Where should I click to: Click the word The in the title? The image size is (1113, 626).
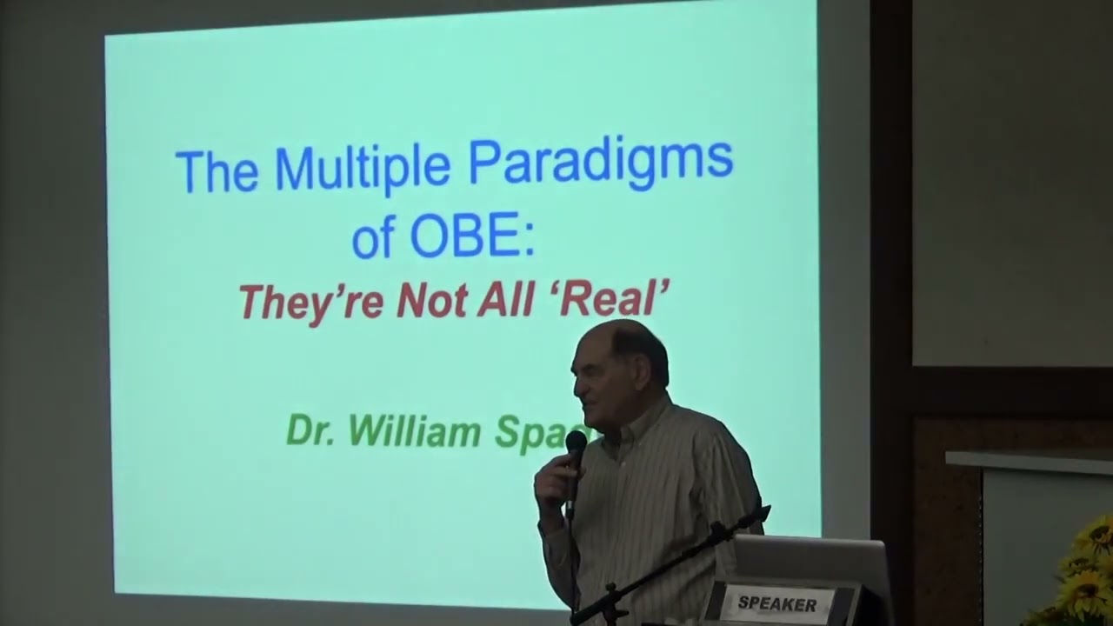(217, 170)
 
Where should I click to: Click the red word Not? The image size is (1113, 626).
(432, 300)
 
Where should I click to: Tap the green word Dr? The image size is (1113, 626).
(311, 430)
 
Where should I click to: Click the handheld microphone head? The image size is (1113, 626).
(576, 446)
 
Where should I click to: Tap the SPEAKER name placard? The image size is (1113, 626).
(776, 604)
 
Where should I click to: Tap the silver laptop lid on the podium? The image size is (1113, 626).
(809, 556)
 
